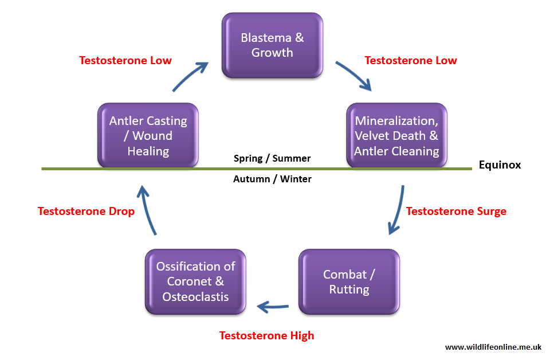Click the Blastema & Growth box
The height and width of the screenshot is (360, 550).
tap(272, 45)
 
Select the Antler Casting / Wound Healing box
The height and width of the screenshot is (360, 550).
tap(148, 135)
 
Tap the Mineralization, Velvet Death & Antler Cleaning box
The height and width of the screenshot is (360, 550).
tap(396, 135)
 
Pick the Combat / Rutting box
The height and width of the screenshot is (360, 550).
tap(349, 282)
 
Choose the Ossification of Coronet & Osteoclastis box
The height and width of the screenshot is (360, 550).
tap(195, 282)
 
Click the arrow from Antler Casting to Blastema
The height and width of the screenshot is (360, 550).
tap(190, 77)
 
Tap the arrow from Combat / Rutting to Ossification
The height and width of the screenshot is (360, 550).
tap(273, 307)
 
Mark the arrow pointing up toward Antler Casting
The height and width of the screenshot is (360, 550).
tap(147, 210)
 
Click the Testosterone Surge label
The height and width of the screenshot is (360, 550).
tap(456, 211)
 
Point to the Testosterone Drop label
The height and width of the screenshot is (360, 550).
tap(86, 211)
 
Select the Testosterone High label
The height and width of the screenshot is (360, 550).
tap(266, 336)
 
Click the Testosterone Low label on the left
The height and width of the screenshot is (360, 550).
tap(125, 60)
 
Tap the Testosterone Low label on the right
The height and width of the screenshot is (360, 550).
tap(411, 60)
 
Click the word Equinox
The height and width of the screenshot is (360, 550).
tap(500, 165)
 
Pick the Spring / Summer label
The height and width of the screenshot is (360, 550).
tap(272, 158)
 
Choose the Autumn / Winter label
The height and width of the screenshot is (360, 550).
tap(272, 179)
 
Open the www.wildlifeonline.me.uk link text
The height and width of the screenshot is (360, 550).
tap(493, 347)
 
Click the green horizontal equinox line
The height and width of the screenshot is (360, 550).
tap(257, 169)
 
